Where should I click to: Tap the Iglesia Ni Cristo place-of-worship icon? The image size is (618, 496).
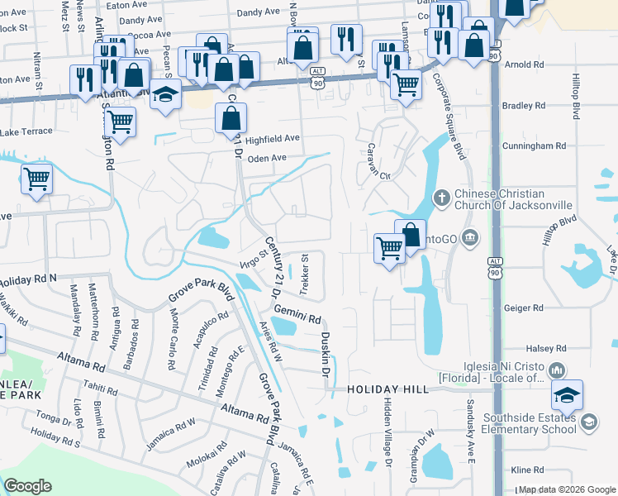coord(557,369)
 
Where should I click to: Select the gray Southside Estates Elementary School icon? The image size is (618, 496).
coord(589,423)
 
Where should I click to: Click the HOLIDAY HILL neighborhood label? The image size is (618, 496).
coord(387,389)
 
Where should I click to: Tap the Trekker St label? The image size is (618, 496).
coord(303,275)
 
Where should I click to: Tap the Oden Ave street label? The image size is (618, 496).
coord(267,158)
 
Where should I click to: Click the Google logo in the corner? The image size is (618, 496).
coord(28,486)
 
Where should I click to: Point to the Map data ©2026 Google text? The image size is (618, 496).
coord(566,490)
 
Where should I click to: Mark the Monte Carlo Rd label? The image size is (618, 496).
coord(174,339)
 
